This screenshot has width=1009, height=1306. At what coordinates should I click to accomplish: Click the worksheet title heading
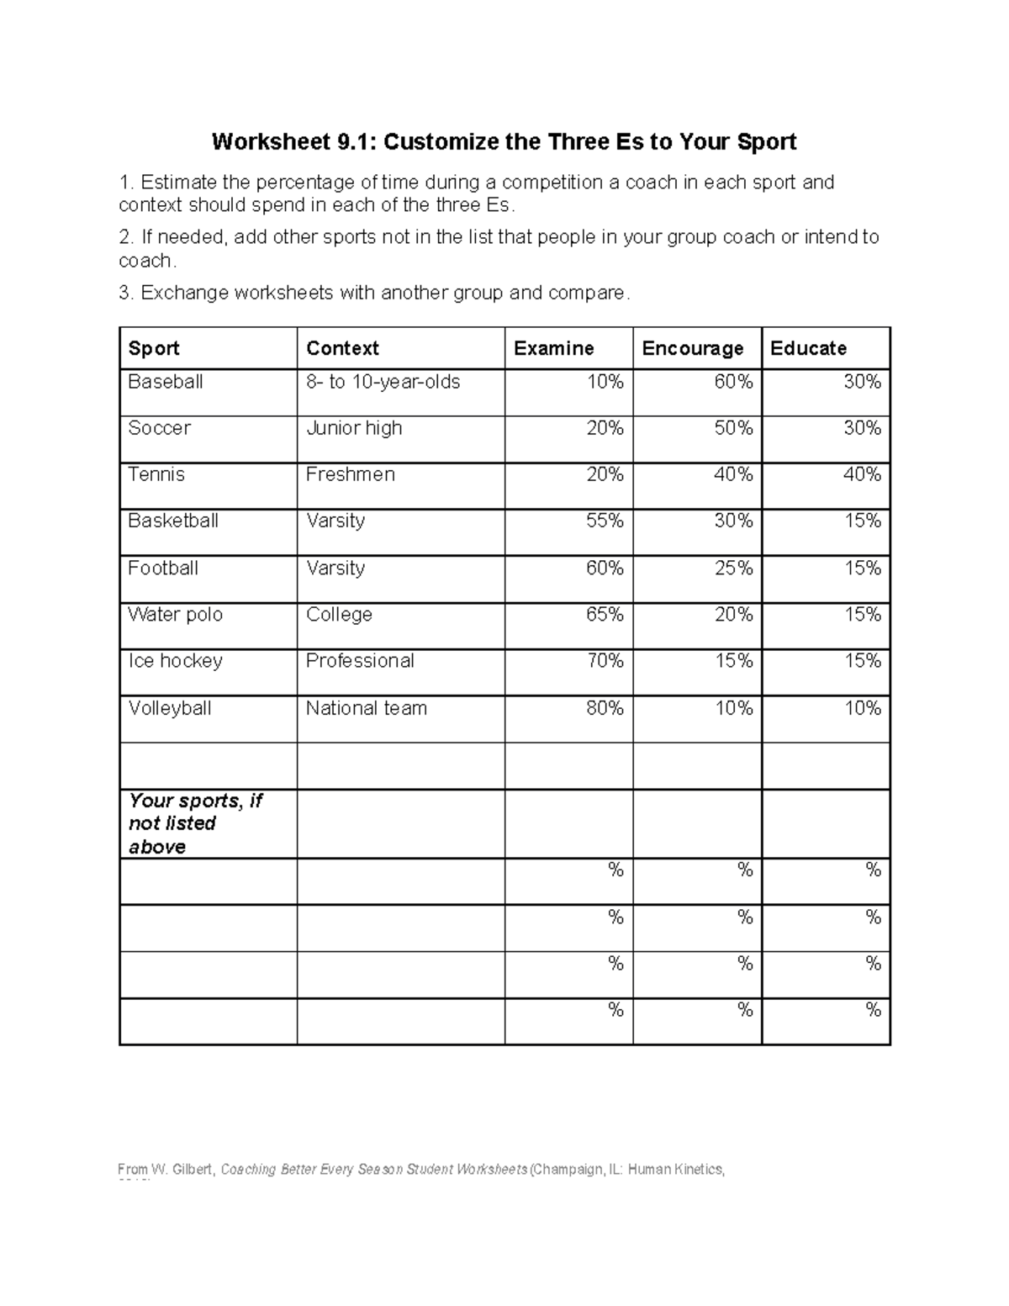(504, 141)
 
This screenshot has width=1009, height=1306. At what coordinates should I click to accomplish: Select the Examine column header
(553, 348)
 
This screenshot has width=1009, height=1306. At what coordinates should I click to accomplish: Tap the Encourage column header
(692, 348)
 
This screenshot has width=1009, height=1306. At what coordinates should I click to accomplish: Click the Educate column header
(808, 348)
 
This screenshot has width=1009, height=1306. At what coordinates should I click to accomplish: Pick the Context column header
(342, 348)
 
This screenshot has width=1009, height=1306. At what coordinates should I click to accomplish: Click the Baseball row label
(166, 382)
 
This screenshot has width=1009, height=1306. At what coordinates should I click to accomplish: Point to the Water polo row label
(175, 615)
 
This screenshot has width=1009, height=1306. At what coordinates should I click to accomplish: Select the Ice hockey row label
(175, 661)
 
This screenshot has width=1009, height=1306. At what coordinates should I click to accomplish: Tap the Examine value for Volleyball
(605, 708)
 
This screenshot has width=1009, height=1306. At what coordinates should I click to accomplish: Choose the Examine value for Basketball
(605, 521)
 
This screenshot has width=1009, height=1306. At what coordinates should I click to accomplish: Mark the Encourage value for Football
(733, 568)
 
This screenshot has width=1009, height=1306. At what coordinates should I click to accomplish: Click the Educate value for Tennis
(862, 475)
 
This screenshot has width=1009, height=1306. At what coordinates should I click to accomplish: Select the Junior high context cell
(354, 428)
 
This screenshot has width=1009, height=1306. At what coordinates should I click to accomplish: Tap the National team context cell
(366, 708)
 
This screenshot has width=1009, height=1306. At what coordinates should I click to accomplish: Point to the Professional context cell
(360, 661)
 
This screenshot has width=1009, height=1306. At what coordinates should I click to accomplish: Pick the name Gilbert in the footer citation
(193, 1169)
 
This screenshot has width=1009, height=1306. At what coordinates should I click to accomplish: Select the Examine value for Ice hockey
(605, 661)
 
